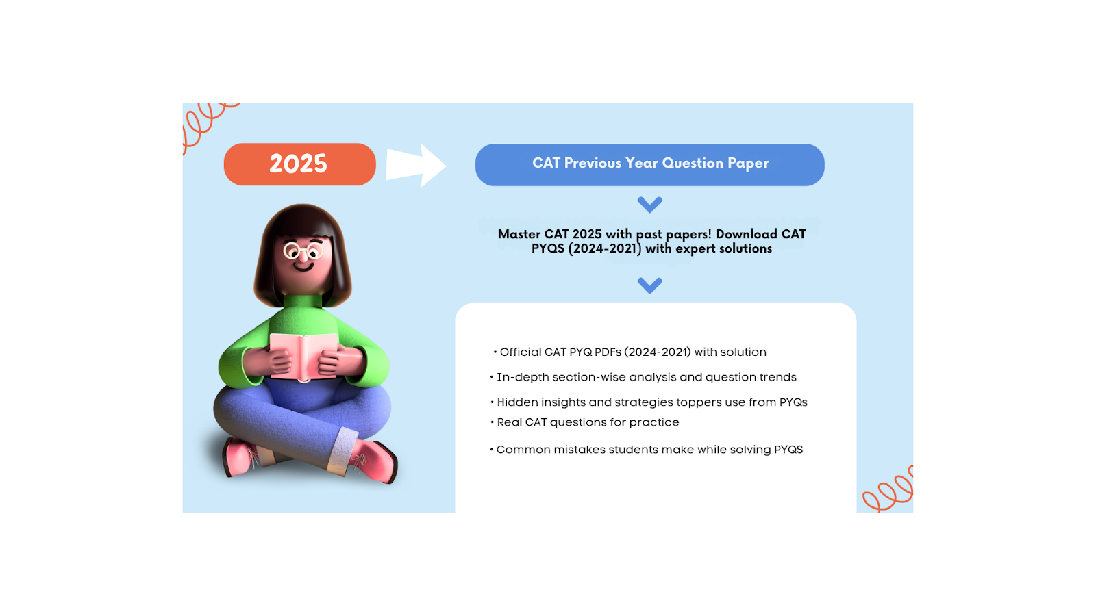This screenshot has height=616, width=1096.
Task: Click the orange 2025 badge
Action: pos(299,164)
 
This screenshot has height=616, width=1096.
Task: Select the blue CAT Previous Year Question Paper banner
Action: pos(649,165)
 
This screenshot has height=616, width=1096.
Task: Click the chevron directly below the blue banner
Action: pos(649,204)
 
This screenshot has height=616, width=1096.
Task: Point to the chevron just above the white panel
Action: pos(649,285)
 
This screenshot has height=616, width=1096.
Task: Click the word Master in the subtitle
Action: pos(519,234)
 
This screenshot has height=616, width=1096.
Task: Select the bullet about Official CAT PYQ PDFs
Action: pos(632,352)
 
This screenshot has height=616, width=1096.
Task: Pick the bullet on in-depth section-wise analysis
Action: pos(646,377)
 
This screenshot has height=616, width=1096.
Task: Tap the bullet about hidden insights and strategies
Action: pos(651,402)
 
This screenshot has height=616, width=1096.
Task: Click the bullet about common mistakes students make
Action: pos(649,450)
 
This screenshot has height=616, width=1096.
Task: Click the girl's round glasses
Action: pos(303,251)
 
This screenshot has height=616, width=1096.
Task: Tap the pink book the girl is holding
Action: pos(303,355)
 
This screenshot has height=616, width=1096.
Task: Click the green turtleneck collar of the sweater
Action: pos(302,301)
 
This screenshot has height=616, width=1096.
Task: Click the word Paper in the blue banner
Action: pos(748,164)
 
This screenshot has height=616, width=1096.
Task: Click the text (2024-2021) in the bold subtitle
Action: pos(605,248)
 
